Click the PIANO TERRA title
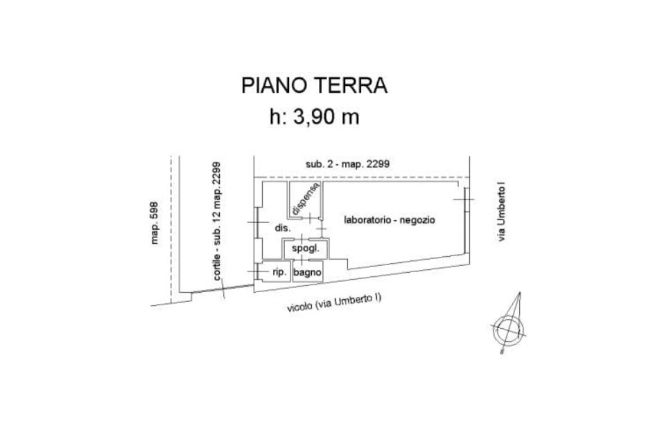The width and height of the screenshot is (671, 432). coord(314,85)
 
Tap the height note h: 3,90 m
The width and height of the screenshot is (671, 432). coord(314,116)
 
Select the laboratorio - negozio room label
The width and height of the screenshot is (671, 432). coord(390,219)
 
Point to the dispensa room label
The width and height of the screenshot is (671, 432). coord(305,199)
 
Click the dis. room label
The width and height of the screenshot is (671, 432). coord(282,228)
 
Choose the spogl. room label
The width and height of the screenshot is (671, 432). coord(306,249)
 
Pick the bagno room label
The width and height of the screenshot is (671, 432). coord(307,272)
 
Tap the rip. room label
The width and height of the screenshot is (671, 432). coord(279,272)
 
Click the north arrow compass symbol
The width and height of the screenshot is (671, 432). coord(508,329)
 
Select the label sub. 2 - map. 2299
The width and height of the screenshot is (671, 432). coord(347,163)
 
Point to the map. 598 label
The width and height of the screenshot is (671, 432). coord(155,223)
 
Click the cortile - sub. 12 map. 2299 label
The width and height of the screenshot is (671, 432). coord(217,221)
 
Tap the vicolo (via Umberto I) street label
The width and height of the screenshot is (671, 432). coord(334,303)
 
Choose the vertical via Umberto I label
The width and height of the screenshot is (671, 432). coord(501,212)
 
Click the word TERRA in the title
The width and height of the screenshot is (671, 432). coord(351,85)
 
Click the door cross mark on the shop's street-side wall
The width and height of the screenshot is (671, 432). coord(464,199)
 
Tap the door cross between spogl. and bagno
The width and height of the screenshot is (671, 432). coord(302,259)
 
